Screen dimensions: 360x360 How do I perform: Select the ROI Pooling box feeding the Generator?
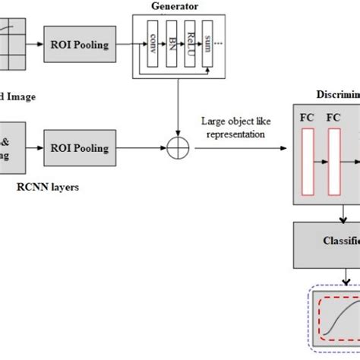click(80, 45)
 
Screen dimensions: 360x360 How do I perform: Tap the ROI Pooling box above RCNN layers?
click(80, 148)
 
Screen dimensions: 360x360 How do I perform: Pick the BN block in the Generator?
click(174, 46)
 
